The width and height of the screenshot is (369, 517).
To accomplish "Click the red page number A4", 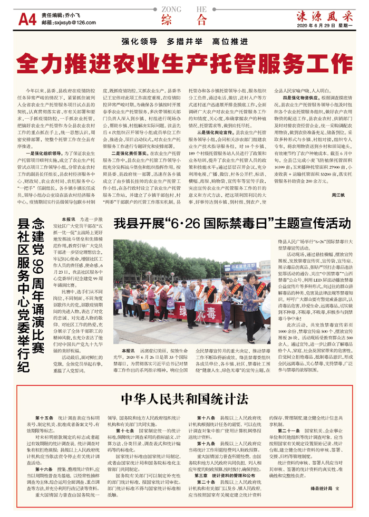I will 27,20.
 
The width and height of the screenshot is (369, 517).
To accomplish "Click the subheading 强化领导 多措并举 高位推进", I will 184,41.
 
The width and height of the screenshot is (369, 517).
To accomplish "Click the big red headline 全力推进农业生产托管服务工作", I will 184,63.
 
